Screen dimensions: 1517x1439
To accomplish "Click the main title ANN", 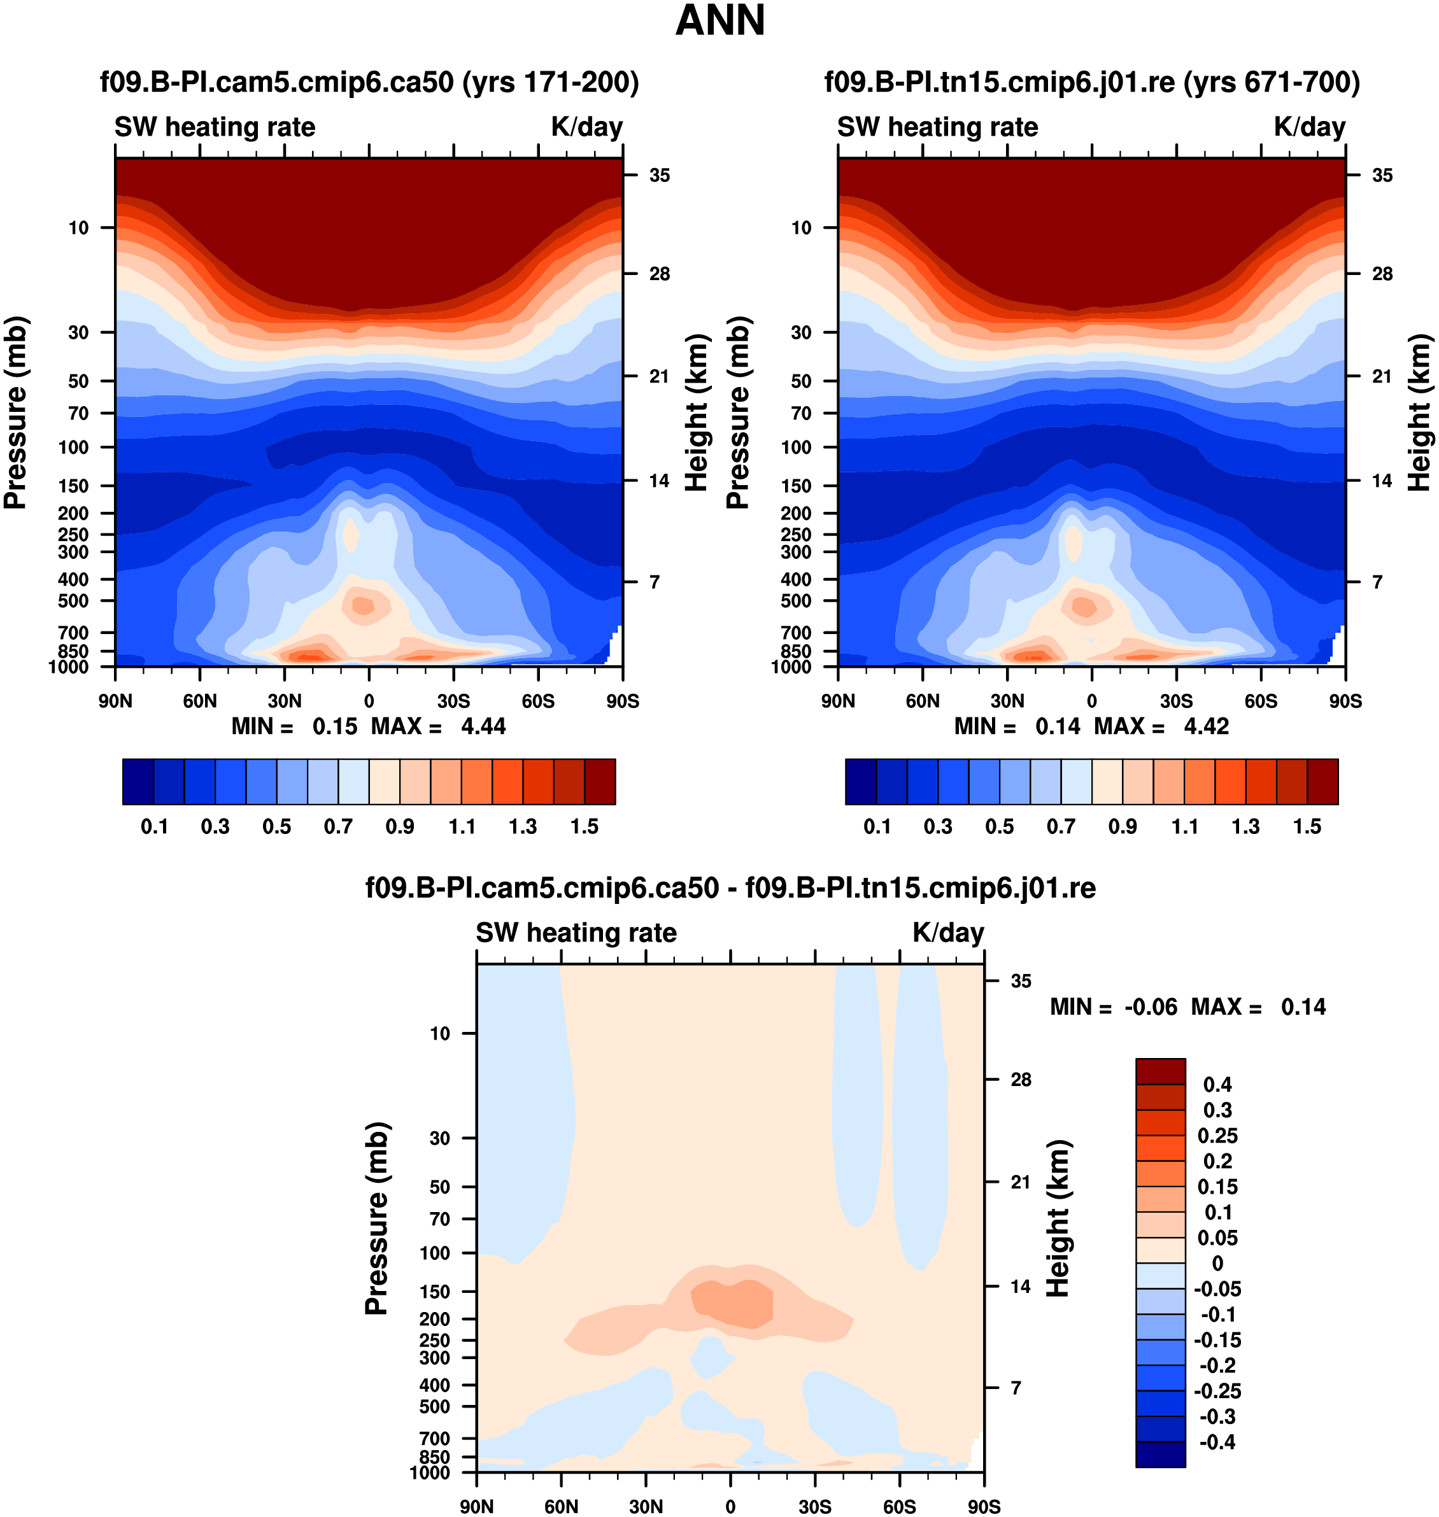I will coord(719,22).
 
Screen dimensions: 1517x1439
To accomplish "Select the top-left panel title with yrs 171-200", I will coord(369,82).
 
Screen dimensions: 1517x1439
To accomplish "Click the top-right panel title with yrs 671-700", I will coord(1091,82).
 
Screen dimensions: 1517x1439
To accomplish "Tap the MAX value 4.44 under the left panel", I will coord(483,726).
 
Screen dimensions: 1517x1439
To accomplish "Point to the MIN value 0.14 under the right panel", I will coord(1057,726).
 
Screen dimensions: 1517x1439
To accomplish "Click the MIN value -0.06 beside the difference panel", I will coord(1150,1007).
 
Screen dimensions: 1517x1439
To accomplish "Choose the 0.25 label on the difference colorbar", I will coord(1217,1136).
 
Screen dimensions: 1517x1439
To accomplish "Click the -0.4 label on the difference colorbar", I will coord(1217,1442).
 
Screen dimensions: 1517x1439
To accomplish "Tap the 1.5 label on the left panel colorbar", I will coord(585,827).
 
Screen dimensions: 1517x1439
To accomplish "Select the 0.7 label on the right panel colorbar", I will coord(1061,827).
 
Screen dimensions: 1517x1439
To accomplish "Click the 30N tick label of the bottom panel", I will coord(646,1506).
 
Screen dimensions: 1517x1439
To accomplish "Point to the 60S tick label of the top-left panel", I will coord(537,701).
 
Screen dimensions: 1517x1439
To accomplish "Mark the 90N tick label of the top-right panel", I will coord(838,701).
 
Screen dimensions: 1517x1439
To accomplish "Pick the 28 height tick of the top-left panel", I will coord(659,274).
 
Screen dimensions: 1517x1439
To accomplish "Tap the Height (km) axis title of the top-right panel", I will coord(1420,413).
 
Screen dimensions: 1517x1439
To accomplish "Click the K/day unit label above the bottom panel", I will coord(947,933).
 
